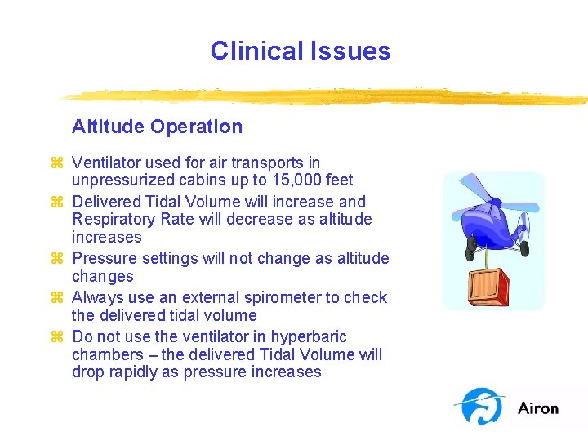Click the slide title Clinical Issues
tap(301, 51)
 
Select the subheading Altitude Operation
tap(157, 127)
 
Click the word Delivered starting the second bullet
tap(108, 202)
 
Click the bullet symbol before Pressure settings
tap(57, 259)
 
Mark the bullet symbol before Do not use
tap(57, 337)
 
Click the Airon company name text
tap(538, 408)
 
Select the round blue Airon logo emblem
tap(481, 406)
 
